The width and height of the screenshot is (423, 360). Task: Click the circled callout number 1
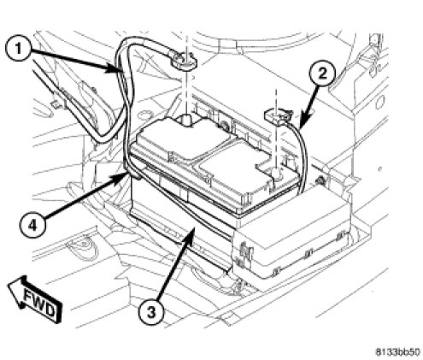(x=19, y=49)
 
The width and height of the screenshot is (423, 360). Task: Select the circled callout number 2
(x=322, y=74)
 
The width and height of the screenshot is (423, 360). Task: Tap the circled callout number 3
(x=151, y=312)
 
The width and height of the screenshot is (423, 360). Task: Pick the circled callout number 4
(x=33, y=226)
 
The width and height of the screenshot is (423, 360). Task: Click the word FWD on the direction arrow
(x=39, y=303)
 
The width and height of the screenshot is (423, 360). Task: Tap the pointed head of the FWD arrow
(x=8, y=284)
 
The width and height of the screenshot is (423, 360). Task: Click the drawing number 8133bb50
(x=397, y=352)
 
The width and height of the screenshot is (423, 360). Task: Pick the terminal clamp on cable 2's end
(x=278, y=116)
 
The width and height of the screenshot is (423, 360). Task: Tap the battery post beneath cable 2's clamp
(x=276, y=174)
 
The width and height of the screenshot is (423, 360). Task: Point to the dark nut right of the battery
(x=320, y=180)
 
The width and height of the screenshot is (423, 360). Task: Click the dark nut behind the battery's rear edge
(x=224, y=125)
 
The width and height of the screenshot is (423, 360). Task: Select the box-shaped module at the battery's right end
(x=292, y=233)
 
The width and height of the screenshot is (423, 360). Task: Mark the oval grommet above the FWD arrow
(x=83, y=247)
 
